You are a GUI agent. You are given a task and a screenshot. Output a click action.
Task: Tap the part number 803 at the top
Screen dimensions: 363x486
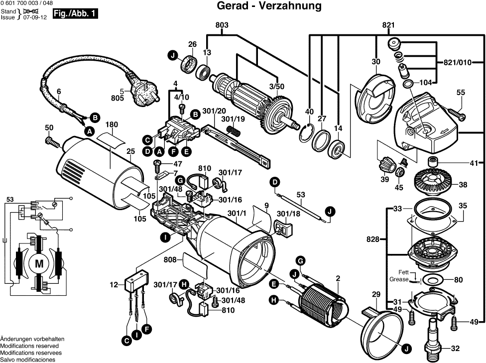(222, 25)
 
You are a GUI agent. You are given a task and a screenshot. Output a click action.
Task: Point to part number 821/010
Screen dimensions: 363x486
(457, 63)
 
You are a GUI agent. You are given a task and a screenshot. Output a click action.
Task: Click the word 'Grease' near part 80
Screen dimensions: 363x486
(399, 279)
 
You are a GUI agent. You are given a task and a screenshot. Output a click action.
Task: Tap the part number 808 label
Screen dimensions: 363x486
(171, 259)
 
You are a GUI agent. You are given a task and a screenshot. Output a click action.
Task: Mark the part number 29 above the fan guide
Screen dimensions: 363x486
(376, 294)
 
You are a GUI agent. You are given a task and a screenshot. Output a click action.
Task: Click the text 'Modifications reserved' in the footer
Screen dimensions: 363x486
(29, 346)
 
